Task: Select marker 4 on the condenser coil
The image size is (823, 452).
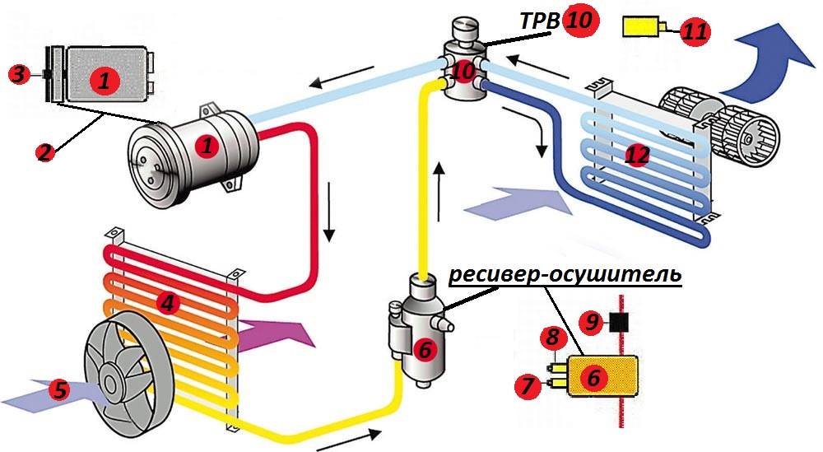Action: [x=168, y=303]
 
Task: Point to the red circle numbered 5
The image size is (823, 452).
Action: [x=58, y=389]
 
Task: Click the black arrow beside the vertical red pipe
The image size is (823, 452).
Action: [x=330, y=213]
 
